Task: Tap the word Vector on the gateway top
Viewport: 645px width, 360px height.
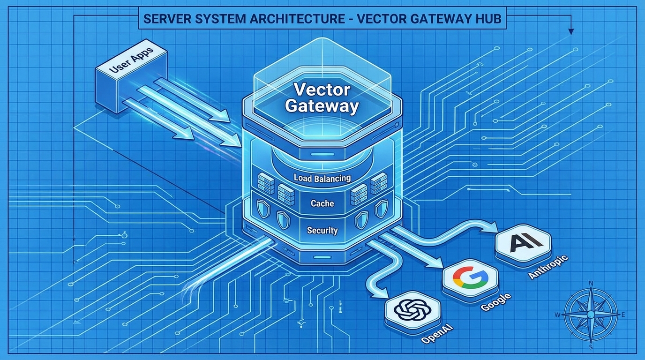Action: click(x=322, y=90)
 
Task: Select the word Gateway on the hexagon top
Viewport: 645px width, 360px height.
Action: click(x=322, y=106)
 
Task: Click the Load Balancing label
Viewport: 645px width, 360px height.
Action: click(x=322, y=178)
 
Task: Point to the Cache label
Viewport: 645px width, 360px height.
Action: click(x=322, y=203)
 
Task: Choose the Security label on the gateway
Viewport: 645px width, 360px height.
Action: click(x=322, y=231)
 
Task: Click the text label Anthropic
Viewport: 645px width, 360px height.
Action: click(x=548, y=267)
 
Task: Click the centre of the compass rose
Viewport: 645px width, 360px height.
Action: click(x=591, y=314)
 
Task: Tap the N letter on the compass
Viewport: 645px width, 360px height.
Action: click(x=591, y=283)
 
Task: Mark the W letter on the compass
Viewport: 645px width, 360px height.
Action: click(x=557, y=315)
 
